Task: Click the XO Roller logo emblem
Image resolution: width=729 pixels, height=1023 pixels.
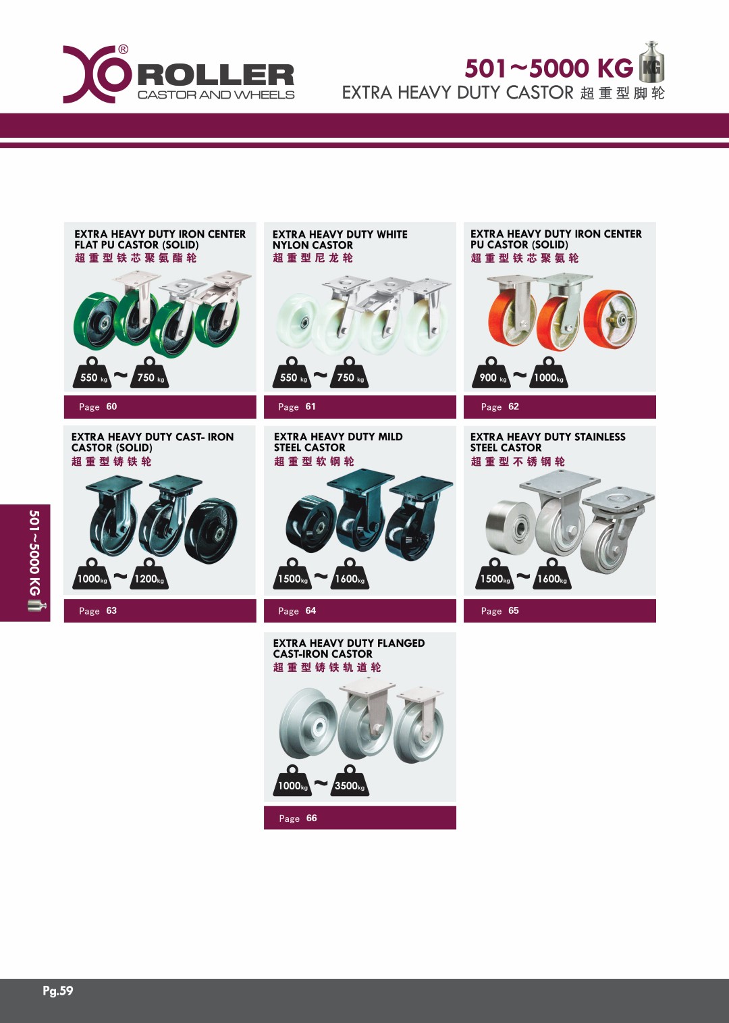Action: (97, 74)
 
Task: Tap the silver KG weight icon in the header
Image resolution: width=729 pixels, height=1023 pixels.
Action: (651, 61)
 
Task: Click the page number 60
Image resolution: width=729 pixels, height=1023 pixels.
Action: (111, 406)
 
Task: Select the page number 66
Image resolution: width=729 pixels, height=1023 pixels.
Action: (311, 818)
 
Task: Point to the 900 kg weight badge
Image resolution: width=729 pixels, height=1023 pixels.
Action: (491, 373)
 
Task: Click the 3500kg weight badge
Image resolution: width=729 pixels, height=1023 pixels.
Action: (350, 781)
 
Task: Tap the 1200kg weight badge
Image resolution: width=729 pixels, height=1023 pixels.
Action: (148, 573)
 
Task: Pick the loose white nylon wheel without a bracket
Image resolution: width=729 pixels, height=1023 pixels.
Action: (296, 321)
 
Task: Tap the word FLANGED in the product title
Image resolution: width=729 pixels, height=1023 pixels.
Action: (401, 643)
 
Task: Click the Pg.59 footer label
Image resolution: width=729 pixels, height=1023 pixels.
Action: (57, 991)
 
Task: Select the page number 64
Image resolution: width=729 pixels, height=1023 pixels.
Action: (311, 610)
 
